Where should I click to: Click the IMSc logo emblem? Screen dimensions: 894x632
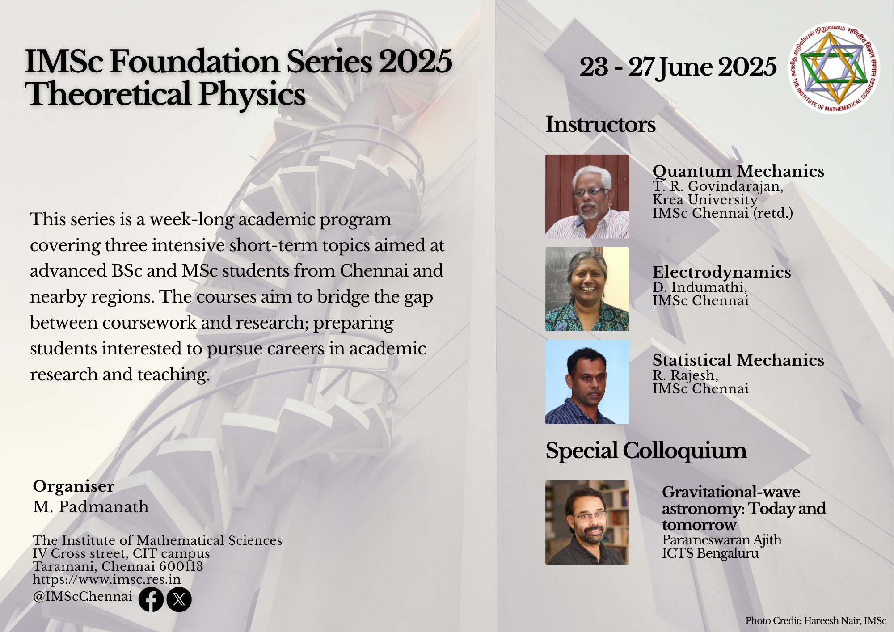click(834, 68)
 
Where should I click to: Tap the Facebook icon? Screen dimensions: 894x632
click(151, 599)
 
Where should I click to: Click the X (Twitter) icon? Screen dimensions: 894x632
click(179, 599)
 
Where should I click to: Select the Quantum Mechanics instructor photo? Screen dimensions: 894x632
click(587, 196)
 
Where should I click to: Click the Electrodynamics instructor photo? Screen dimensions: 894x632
click(587, 289)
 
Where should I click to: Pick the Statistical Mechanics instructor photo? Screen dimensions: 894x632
click(587, 382)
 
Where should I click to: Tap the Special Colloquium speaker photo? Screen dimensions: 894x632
click(587, 522)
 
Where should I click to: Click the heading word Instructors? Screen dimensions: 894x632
click(600, 124)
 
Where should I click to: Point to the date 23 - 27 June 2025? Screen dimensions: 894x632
click(678, 67)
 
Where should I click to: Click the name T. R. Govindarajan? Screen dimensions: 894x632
click(717, 186)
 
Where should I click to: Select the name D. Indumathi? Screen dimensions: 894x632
click(700, 287)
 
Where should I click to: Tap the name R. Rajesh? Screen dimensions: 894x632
click(685, 375)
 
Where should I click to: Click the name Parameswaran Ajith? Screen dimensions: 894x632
click(722, 540)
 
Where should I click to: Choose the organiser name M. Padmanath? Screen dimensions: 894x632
click(91, 507)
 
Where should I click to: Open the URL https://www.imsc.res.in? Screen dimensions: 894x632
click(106, 579)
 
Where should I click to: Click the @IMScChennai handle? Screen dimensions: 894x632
click(82, 597)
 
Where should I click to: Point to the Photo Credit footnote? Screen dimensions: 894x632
click(816, 621)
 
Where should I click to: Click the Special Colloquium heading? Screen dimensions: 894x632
click(646, 451)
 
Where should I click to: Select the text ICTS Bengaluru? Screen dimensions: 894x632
click(710, 553)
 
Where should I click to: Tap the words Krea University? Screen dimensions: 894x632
click(705, 200)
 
